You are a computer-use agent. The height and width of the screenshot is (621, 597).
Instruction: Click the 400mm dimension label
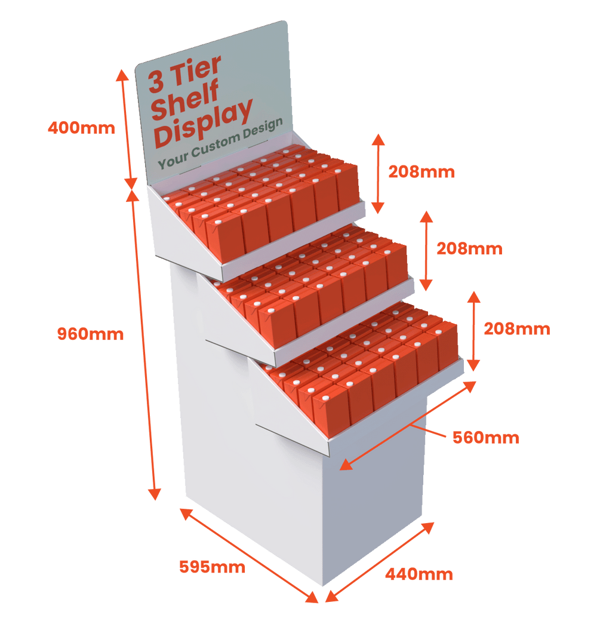coord(80,127)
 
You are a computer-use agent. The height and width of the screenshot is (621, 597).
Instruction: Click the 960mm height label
coord(90,334)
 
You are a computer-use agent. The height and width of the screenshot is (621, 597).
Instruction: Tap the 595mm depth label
coord(212,566)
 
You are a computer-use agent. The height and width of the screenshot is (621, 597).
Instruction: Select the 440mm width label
coord(418,574)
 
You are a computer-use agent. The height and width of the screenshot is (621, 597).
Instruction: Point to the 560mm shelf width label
coord(485,437)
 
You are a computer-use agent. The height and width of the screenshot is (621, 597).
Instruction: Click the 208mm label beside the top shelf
coord(421,172)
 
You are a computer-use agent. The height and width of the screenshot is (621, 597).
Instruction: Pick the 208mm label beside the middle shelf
coord(469,248)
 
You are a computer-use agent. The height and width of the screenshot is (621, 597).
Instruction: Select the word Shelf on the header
coord(185,99)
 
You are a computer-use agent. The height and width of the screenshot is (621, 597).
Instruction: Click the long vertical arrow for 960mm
coord(146,346)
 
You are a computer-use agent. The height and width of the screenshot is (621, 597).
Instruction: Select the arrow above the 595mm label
coord(248,555)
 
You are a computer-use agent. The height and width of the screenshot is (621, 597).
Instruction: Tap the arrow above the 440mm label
coord(380,561)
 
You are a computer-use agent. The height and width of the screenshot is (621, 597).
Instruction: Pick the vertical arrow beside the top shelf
coord(377,173)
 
